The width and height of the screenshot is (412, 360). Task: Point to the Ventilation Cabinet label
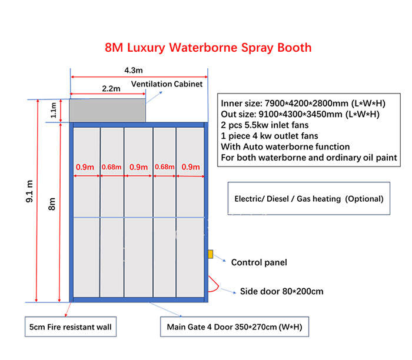[x=167, y=84]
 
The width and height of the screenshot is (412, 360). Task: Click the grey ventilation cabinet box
[x=108, y=110]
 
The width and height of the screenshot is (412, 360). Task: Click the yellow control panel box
[x=209, y=254]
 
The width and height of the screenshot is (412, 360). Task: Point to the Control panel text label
[x=259, y=262]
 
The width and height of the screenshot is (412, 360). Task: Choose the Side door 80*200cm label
[x=281, y=291]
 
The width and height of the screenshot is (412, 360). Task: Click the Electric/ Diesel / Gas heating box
[x=308, y=199]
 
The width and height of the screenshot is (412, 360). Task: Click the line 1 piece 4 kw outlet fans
[x=270, y=135]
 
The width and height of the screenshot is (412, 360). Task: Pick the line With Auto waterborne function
[x=285, y=146]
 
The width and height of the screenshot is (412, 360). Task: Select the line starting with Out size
[x=300, y=114]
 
